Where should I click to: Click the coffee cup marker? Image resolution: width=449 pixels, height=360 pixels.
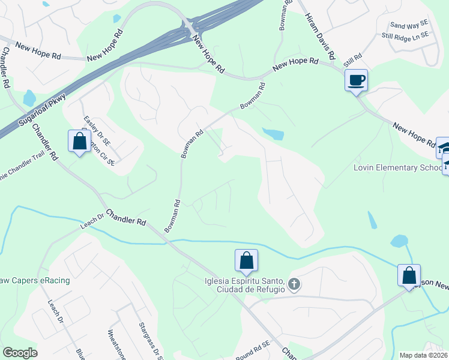point(356,80)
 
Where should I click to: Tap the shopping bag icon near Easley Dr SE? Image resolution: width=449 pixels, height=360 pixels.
point(79,142)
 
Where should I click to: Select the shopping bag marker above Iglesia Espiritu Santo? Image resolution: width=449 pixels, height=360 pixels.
point(246,261)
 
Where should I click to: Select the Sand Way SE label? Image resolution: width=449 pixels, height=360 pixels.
point(408,25)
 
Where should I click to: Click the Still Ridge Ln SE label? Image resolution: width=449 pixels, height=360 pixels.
point(405,36)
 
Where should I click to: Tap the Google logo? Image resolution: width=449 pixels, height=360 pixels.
point(20,353)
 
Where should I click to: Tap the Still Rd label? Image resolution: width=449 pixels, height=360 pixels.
point(353,61)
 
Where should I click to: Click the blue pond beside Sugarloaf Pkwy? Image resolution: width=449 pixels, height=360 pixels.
point(28,97)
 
